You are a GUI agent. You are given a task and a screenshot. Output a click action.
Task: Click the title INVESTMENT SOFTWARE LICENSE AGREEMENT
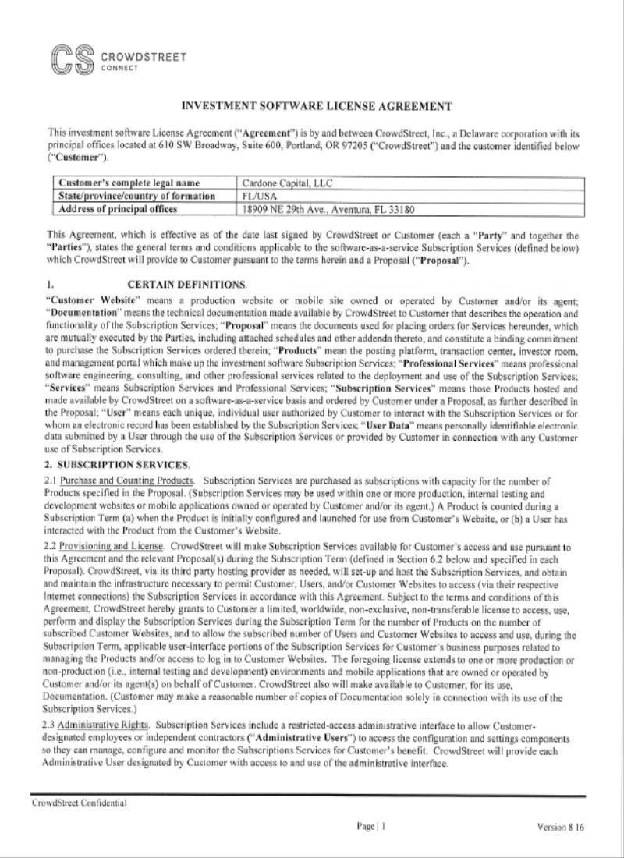tap(317, 106)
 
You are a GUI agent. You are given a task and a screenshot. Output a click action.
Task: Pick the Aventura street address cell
tap(328, 209)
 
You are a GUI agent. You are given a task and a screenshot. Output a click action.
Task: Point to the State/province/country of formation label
tap(135, 197)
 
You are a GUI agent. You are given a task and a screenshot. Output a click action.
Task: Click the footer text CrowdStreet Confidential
tap(79, 803)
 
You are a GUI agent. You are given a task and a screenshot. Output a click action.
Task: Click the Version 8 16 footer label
tap(560, 827)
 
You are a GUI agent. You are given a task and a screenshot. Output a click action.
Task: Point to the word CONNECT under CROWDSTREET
tap(119, 68)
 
